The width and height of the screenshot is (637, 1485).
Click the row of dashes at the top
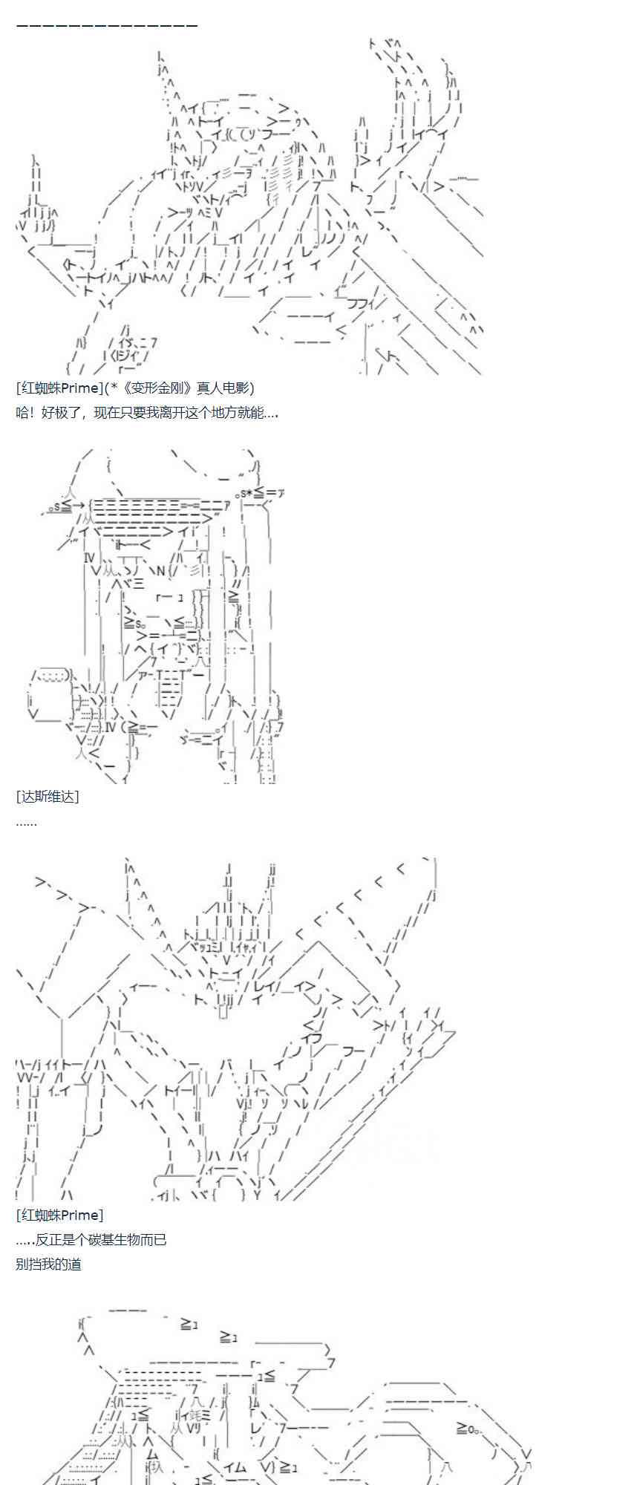pyautogui.click(x=107, y=25)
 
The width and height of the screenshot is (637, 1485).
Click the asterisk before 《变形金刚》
pyautogui.click(x=114, y=387)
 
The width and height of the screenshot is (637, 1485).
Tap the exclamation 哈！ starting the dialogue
pyautogui.click(x=24, y=413)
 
